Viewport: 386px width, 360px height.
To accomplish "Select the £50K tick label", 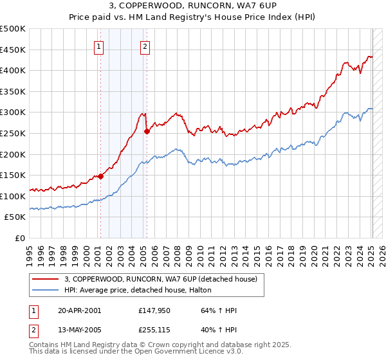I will (x=15, y=217).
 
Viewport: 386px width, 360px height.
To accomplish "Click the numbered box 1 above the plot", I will (x=99, y=46).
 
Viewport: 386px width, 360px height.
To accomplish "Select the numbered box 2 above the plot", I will (x=145, y=46).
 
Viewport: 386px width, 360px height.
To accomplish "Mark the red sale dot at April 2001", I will (x=100, y=176).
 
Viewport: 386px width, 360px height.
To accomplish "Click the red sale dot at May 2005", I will (x=147, y=131).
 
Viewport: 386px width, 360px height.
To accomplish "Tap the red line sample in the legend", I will (x=45, y=279).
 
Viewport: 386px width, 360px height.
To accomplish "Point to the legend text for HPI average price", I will (x=142, y=290).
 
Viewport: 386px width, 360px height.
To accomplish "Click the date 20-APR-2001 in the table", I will (x=79, y=311).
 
